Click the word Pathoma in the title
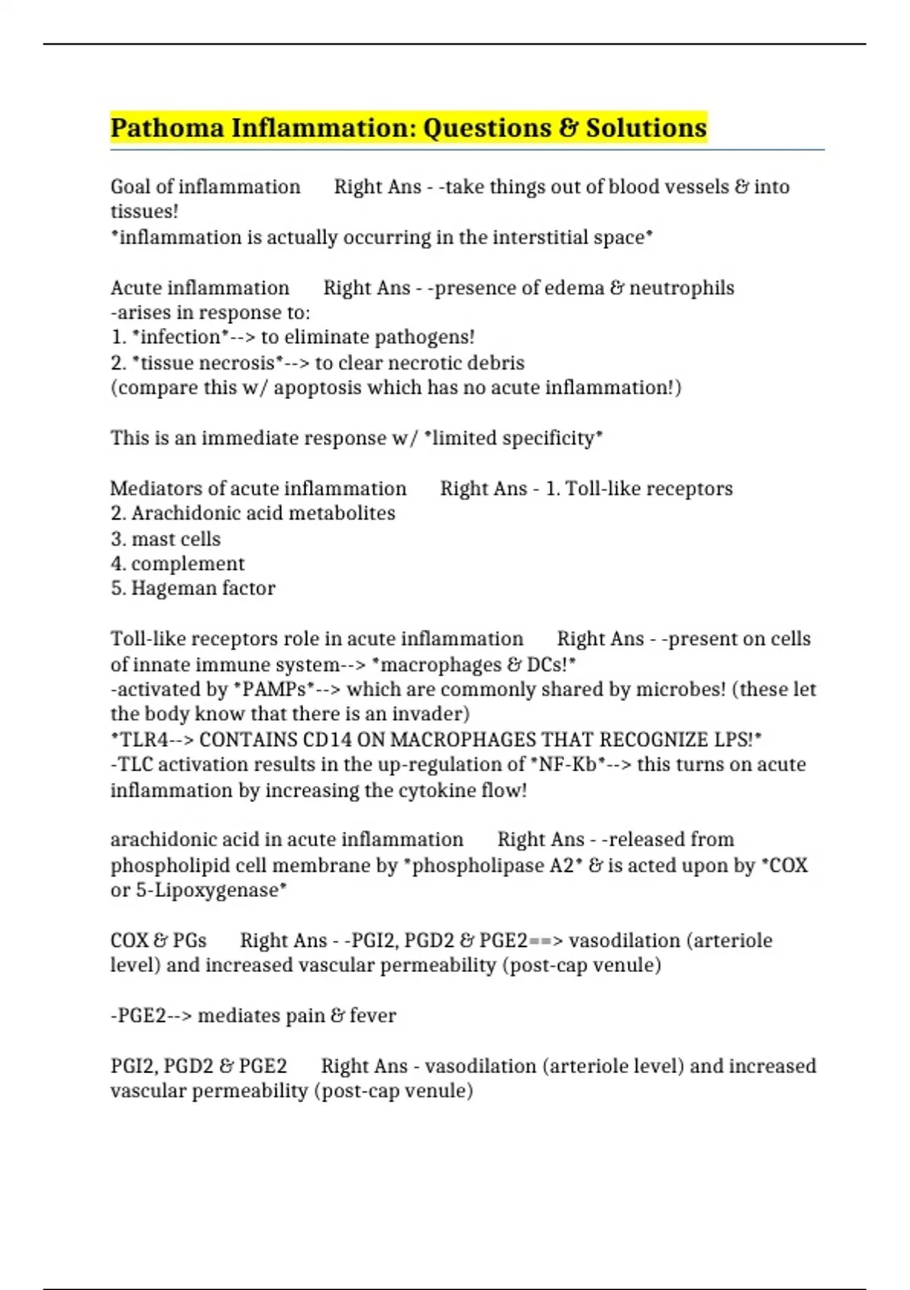coord(167,127)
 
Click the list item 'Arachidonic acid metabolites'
coord(262,514)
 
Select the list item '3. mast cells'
coord(166,539)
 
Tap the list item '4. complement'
coord(177,564)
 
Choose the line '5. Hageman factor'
coord(193,589)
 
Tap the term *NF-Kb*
coord(566,765)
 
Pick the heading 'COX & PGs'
coord(158,941)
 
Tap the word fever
coord(372,1016)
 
